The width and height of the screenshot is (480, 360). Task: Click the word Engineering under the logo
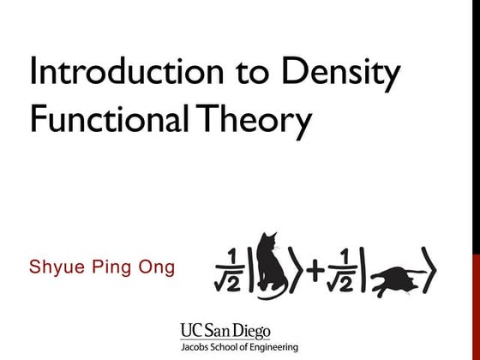273,347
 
